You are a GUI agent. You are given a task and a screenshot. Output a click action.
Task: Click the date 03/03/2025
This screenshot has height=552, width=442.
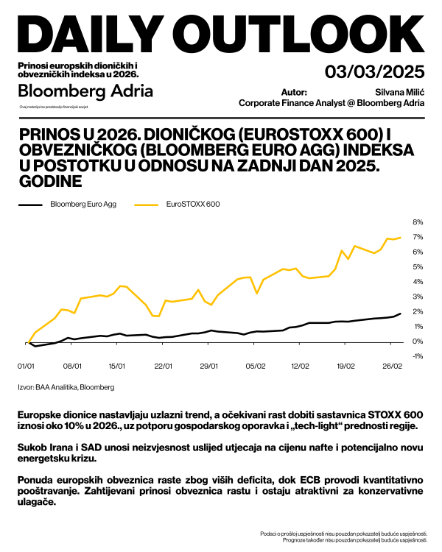click(375, 71)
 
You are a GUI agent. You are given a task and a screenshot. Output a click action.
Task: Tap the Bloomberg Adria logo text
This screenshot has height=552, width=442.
click(85, 91)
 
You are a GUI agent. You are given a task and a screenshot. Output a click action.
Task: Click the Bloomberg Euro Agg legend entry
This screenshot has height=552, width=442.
click(83, 204)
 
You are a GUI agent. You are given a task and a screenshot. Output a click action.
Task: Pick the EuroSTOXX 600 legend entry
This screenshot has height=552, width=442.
click(193, 204)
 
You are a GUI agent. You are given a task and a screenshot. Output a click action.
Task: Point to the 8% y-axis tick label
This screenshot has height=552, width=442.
click(417, 222)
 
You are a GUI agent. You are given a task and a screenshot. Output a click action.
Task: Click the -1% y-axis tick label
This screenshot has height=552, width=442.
click(416, 356)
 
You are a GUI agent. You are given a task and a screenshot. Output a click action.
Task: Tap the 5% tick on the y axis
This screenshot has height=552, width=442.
click(417, 267)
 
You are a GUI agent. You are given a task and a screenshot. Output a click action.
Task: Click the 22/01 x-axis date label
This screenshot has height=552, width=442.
click(163, 366)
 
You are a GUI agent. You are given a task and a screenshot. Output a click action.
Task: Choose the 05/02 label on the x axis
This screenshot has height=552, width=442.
click(255, 366)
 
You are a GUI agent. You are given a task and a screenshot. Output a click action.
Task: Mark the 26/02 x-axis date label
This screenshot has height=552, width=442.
click(392, 366)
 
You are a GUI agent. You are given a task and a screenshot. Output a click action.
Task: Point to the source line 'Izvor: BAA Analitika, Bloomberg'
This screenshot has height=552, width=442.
click(66, 386)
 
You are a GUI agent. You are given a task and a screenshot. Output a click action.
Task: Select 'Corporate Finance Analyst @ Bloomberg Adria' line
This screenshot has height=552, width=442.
click(331, 103)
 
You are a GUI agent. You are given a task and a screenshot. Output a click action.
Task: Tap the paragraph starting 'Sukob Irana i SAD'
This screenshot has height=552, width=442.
click(221, 453)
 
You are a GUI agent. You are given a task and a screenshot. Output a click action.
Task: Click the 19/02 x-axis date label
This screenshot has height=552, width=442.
click(346, 366)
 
